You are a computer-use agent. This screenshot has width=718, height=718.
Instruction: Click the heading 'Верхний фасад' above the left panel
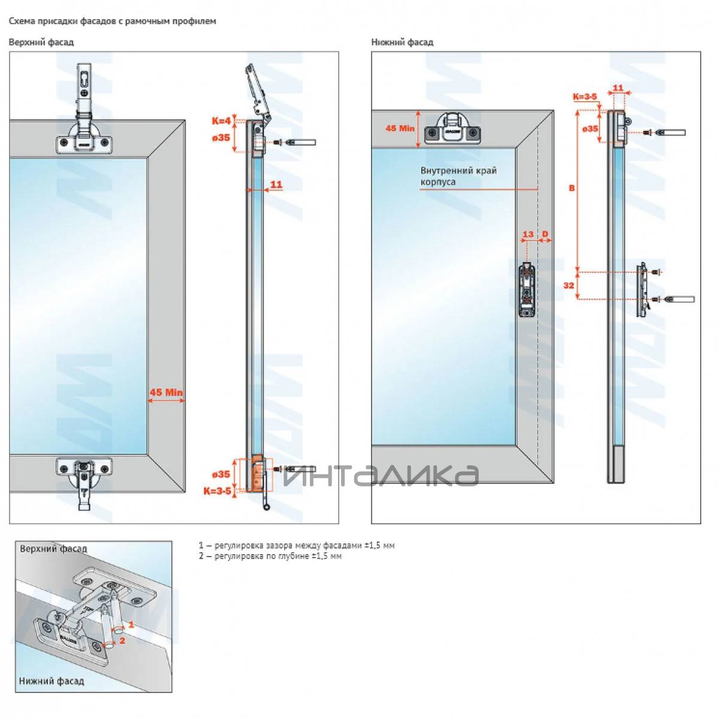41,42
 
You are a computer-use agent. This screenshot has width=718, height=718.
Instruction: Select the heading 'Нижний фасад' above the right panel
402,42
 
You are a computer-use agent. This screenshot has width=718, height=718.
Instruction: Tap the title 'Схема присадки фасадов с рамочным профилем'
112,21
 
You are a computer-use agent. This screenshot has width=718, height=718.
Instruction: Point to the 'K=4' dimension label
221,121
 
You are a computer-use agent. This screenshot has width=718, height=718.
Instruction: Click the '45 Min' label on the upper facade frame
166,393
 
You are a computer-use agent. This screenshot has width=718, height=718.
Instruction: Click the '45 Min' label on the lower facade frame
400,128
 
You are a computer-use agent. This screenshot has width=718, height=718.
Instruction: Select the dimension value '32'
568,285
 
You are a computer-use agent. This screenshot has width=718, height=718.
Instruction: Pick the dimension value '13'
528,234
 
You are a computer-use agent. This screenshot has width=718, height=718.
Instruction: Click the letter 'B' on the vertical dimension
571,188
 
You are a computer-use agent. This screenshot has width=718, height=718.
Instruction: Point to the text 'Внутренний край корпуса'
458,176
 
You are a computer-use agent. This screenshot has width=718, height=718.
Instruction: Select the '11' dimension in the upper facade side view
276,184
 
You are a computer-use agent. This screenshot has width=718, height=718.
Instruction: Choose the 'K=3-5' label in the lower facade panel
585,96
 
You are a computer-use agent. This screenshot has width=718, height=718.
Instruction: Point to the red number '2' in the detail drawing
122,640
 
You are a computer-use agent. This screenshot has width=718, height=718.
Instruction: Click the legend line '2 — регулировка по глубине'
270,556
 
